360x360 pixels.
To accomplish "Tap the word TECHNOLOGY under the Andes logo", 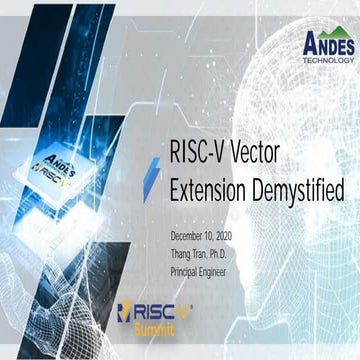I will click(x=328, y=59).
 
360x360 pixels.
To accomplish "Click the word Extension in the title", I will click(x=211, y=189).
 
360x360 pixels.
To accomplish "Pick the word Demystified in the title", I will click(x=299, y=189).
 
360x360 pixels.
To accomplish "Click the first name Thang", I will click(x=186, y=251).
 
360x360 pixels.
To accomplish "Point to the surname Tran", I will click(x=213, y=251).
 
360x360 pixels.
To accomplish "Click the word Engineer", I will click(x=233, y=267).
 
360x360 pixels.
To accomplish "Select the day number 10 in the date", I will click(x=227, y=235).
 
